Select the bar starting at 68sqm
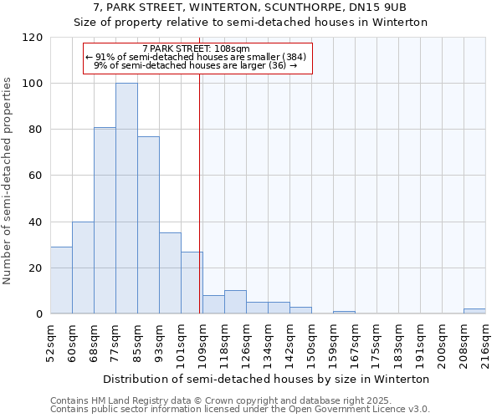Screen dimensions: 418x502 click(x=105, y=221)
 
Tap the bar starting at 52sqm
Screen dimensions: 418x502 click(x=61, y=280)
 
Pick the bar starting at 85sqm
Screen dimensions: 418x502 click(x=148, y=225)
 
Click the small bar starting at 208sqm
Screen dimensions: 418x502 click(x=474, y=311)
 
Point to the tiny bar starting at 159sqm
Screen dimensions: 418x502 click(x=344, y=313)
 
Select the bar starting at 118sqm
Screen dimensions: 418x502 click(x=235, y=302)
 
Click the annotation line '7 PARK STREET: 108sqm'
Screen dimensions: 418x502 click(x=196, y=49)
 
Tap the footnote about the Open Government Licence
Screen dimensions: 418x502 click(x=240, y=409)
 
